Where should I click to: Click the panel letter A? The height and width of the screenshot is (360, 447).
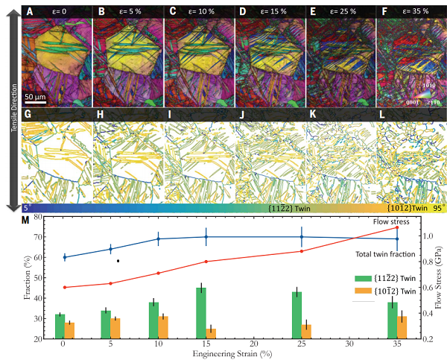[x=28, y=12]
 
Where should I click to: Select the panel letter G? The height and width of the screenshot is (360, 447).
[x=28, y=117]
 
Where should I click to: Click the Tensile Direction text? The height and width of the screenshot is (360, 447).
[x=13, y=108]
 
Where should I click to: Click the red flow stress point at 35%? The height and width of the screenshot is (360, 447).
[x=397, y=227]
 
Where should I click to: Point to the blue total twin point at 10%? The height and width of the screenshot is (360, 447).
[x=158, y=239]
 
